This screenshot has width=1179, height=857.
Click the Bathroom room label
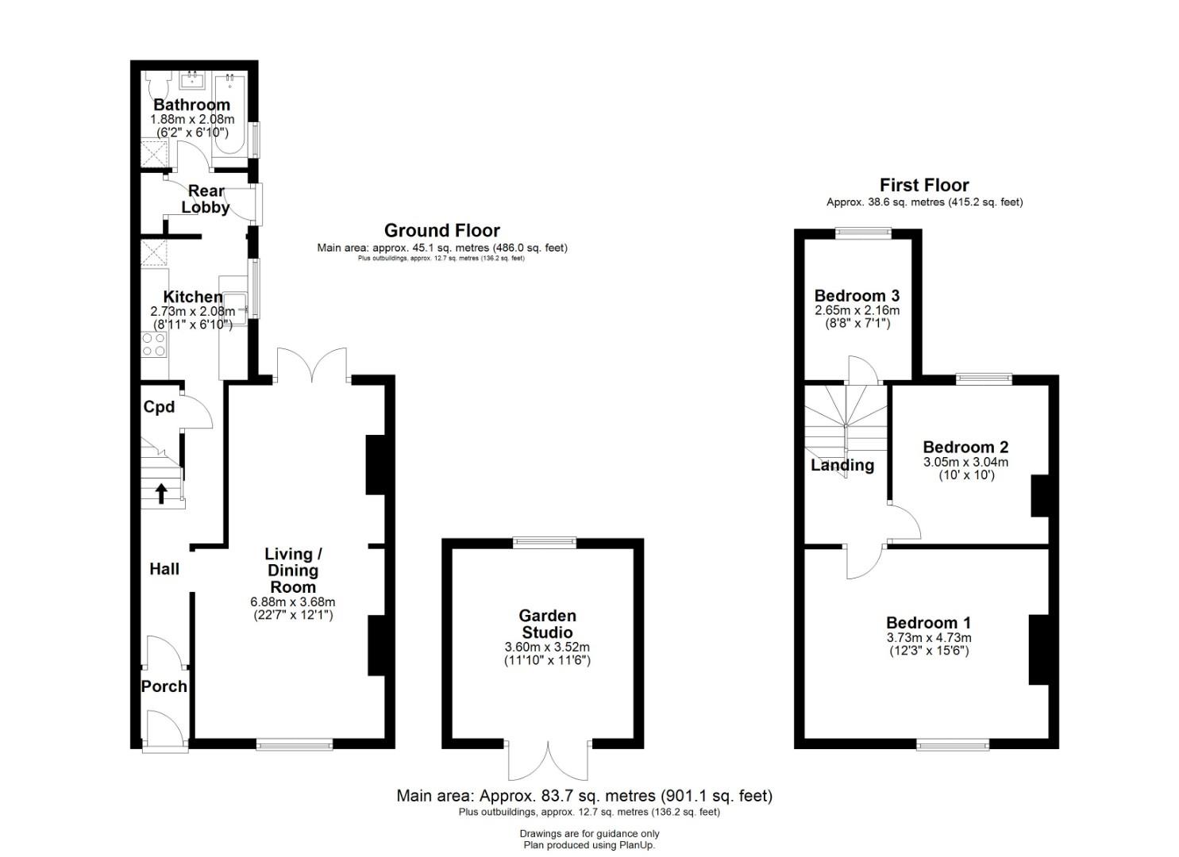pos(191,105)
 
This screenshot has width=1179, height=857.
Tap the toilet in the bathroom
pos(159,86)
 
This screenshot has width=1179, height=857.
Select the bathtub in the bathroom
pos(229,113)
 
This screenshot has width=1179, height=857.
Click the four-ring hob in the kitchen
pos(154,344)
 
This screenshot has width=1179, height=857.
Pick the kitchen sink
pos(235,309)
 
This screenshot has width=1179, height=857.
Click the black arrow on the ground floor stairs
pos(162,494)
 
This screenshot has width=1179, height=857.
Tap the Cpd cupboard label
pos(159,406)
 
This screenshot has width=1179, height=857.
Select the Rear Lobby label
pos(206,199)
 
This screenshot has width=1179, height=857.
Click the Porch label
pos(164,686)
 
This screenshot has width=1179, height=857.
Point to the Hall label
pos(164,569)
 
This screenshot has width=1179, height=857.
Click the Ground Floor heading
pos(442,230)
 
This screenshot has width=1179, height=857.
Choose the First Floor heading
pos(924,185)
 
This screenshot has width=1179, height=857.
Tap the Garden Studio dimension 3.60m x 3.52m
pos(547,647)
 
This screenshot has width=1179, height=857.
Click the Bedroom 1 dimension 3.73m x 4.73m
pos(929,638)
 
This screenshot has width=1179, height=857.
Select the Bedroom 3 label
pos(857,296)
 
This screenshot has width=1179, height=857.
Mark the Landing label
pos(842,465)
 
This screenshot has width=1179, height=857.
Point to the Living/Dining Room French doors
pos(312,364)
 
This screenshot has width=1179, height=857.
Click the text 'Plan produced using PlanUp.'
pos(589,845)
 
